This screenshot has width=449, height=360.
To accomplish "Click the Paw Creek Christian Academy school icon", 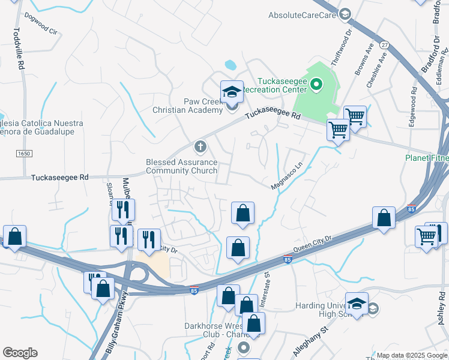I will tap(232, 92).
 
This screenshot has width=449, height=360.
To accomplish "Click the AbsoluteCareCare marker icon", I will tap(345, 14).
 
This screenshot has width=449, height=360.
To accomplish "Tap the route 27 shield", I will tap(385, 45).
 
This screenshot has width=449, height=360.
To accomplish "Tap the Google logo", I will tap(20, 353).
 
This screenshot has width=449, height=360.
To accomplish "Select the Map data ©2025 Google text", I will tap(411, 355).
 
